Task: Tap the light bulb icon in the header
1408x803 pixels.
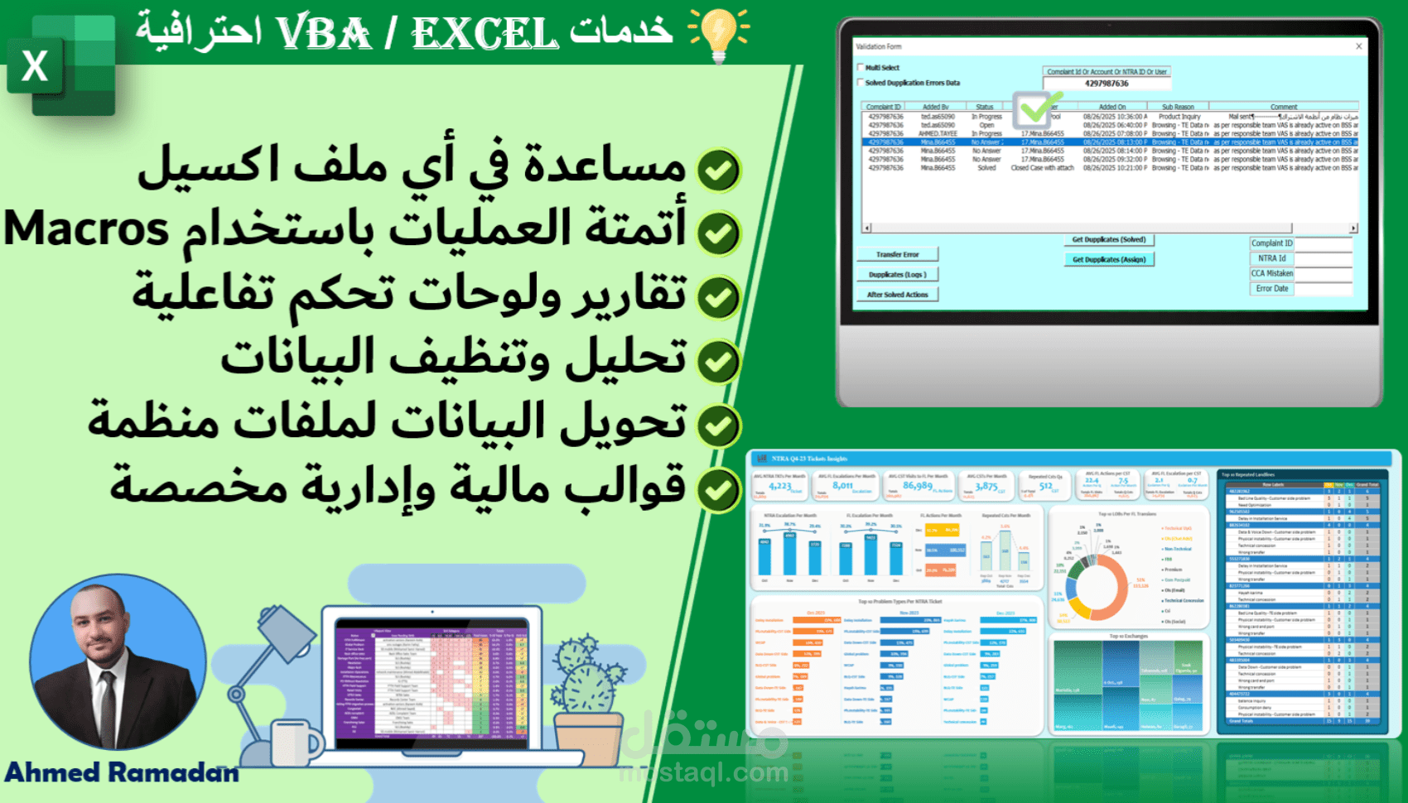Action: click(718, 33)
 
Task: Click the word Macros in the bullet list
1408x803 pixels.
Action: click(86, 229)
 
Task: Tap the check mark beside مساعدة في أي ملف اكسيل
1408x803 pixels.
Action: click(718, 171)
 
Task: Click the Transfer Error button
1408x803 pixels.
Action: click(898, 255)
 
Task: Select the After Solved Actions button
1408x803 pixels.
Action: click(898, 295)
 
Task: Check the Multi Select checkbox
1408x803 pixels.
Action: click(861, 68)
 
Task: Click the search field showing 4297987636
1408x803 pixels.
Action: click(1107, 84)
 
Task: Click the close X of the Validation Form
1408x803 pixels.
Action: click(1358, 46)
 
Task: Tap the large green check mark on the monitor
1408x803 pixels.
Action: click(1035, 108)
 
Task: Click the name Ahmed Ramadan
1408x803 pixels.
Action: click(122, 772)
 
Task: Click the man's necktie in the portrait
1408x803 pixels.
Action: click(108, 704)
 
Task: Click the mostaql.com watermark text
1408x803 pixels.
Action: click(703, 773)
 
